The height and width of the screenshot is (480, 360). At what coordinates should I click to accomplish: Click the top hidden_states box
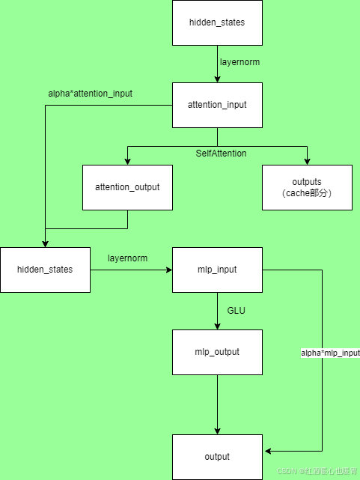coord(217,22)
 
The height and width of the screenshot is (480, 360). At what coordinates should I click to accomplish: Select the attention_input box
coord(217,105)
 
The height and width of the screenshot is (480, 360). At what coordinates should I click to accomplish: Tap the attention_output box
coord(127,187)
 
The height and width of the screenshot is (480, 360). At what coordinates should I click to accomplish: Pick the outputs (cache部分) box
coord(307,187)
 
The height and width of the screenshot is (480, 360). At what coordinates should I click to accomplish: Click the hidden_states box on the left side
coord(45,269)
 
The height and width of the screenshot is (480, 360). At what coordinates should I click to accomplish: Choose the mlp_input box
coord(217,269)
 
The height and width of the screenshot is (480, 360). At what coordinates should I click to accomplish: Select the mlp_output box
coord(217,351)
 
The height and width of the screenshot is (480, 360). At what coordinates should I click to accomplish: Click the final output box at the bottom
coord(217,456)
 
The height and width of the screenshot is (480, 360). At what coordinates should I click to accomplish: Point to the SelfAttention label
coord(221,154)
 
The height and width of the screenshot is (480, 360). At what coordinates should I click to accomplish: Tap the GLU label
coord(237,310)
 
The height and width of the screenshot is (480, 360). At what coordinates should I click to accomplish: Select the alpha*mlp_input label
coord(330,352)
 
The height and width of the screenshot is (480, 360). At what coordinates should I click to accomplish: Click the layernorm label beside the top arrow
coord(240,62)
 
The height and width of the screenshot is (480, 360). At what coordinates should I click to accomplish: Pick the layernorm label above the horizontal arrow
coord(127,258)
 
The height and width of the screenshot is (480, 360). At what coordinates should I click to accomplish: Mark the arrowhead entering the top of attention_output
coord(127,161)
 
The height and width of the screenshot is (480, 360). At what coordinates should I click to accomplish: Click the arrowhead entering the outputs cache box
coord(307,161)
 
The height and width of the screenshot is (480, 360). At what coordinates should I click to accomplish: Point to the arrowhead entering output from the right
coord(266,450)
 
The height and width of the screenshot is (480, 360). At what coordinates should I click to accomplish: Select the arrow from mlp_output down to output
coord(217,404)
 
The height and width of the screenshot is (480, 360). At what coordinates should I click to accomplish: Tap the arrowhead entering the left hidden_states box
coord(45,243)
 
